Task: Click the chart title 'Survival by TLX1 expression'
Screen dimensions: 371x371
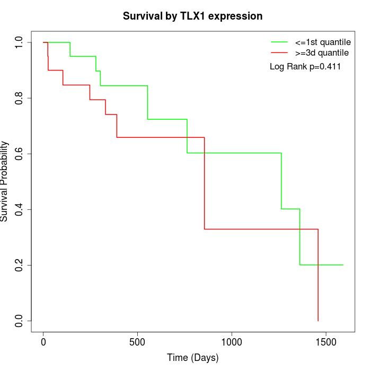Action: (x=192, y=16)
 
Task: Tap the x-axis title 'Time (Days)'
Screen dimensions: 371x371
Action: (x=192, y=358)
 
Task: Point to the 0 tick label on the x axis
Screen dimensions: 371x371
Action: (x=43, y=342)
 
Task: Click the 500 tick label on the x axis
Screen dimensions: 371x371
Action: (x=137, y=342)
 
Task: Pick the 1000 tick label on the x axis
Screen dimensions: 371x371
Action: (x=232, y=342)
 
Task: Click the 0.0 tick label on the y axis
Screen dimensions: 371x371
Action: (x=20, y=321)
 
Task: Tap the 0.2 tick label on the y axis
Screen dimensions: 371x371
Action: (x=20, y=265)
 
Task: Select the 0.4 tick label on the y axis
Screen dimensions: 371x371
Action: (x=20, y=209)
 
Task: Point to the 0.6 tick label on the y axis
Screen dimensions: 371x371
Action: (x=20, y=154)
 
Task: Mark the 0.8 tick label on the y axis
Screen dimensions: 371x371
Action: (x=20, y=98)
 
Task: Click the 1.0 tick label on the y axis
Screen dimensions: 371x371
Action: (x=20, y=42)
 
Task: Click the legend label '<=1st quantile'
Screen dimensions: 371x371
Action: (x=323, y=42)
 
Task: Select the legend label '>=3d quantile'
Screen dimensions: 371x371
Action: (x=322, y=53)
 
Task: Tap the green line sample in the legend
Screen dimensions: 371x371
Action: (x=279, y=42)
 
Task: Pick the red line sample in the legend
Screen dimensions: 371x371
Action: (x=279, y=53)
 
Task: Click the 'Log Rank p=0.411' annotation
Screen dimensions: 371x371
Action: (x=305, y=67)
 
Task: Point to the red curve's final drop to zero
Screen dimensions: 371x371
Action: (x=318, y=276)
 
